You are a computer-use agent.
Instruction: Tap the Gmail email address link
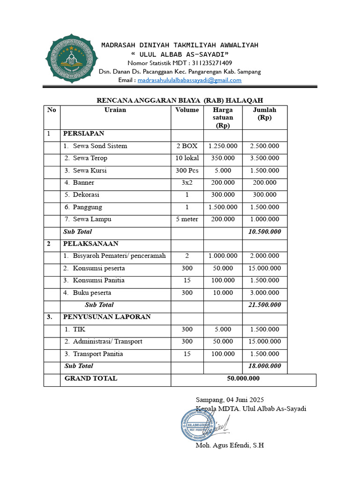coord(189,80)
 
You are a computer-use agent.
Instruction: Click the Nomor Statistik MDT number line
coord(180,63)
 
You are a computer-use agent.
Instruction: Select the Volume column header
coord(187,110)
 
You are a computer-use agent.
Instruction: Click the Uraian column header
coord(115,110)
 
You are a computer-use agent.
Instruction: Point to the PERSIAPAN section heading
coord(84,134)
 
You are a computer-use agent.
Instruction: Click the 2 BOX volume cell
coord(187,146)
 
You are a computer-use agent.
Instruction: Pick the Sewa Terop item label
coord(90,158)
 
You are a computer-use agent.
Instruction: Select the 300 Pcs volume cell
coord(187,171)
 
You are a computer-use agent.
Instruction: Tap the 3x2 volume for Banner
coord(187,183)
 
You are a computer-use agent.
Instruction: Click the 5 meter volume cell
coord(187,219)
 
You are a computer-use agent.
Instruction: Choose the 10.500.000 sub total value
coord(264,232)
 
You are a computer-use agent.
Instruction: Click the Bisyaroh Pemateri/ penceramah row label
coord(119,256)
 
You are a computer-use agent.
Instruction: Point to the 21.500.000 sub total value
coord(264,305)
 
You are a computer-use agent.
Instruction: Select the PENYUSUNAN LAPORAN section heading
coord(107,317)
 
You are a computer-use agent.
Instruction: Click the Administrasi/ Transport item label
coord(107,341)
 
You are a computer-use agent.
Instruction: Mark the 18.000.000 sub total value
coord(264,366)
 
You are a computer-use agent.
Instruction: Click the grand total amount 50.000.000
coord(243,378)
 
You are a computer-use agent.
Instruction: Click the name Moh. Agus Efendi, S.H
coord(230,445)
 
